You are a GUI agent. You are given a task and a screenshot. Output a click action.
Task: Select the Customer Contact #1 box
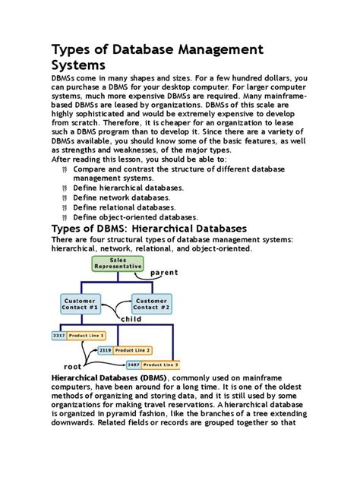80,304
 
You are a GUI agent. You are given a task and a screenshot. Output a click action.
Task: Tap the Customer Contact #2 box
152,304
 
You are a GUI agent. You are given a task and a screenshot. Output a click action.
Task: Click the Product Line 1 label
86,335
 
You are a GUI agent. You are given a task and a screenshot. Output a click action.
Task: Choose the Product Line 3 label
159,365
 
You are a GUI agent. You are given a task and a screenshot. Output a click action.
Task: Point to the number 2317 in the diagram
58,335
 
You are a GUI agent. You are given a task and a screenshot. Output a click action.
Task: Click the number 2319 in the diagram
104,350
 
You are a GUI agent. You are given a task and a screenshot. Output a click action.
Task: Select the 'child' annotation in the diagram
131,319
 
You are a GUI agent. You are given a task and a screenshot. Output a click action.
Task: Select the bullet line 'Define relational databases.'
124,207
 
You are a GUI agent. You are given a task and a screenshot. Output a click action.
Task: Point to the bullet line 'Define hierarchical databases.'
128,187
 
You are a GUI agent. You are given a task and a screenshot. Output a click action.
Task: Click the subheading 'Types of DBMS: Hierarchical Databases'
148,229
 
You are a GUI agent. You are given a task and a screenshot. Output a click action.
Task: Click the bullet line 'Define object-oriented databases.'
135,216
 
